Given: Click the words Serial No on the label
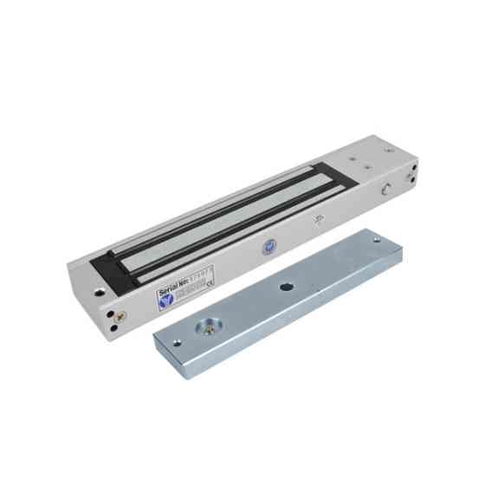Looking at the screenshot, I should tap(177, 287).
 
